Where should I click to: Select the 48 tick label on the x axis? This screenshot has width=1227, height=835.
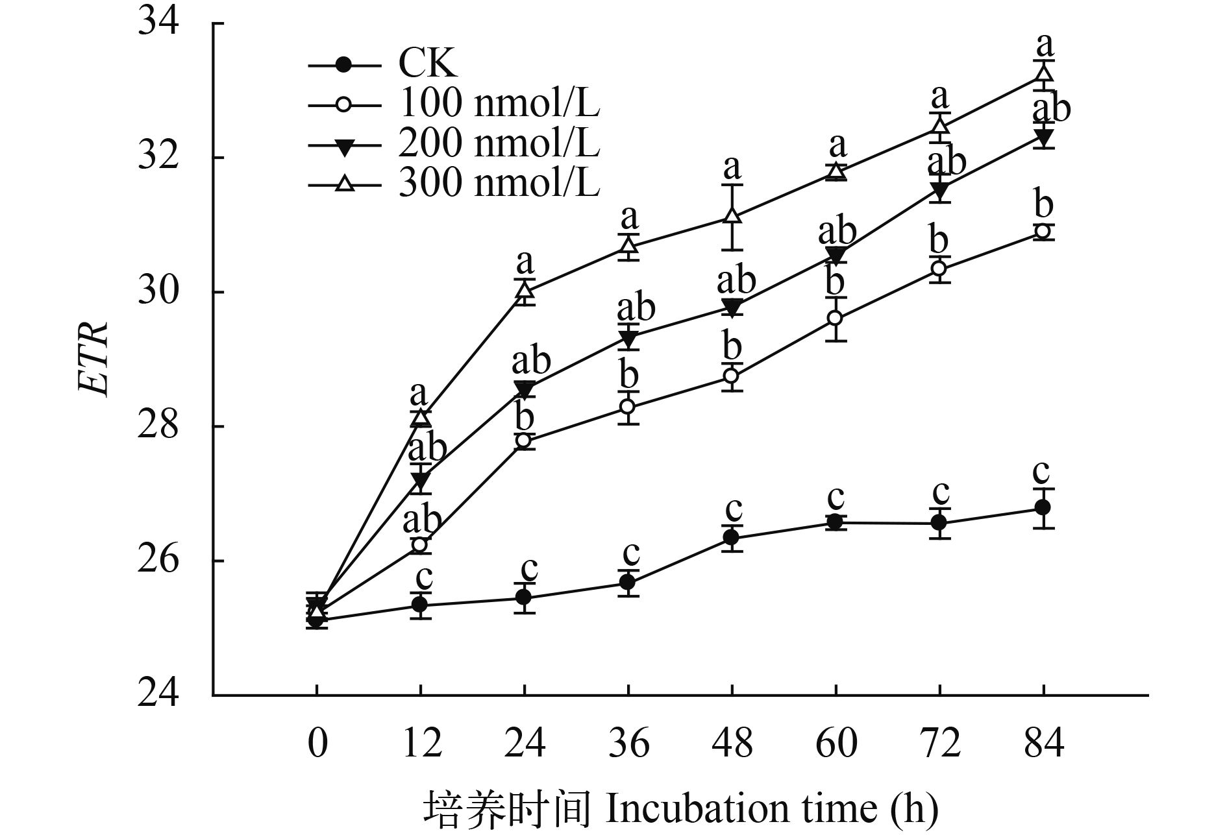click(732, 743)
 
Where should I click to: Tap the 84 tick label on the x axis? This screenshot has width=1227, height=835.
click(1044, 743)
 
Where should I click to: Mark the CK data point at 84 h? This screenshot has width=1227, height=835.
click(1043, 507)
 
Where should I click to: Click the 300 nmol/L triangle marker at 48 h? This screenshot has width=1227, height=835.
click(732, 215)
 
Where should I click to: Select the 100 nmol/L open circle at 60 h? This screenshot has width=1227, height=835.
click(836, 318)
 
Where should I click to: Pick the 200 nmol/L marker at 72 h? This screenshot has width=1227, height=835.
click(939, 189)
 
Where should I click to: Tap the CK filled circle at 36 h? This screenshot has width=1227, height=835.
click(627, 582)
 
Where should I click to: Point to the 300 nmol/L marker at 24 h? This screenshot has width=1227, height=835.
click(525, 291)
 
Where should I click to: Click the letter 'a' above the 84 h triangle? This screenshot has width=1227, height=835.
click(1044, 45)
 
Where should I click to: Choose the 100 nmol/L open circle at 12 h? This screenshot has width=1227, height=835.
click(420, 544)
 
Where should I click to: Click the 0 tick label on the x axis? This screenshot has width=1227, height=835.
click(317, 743)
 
